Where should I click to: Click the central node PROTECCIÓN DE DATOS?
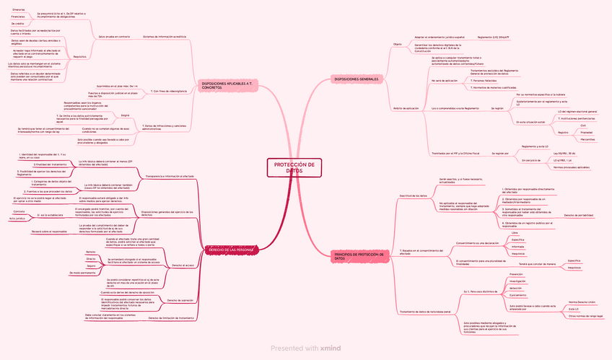[294, 167]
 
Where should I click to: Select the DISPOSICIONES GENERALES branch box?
[357, 78]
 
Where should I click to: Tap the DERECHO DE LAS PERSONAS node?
[229, 250]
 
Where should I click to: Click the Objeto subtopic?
[397, 43]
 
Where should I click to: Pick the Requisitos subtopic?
[80, 56]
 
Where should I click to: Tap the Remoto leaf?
[91, 251]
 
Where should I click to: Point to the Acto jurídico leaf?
[17, 218]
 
